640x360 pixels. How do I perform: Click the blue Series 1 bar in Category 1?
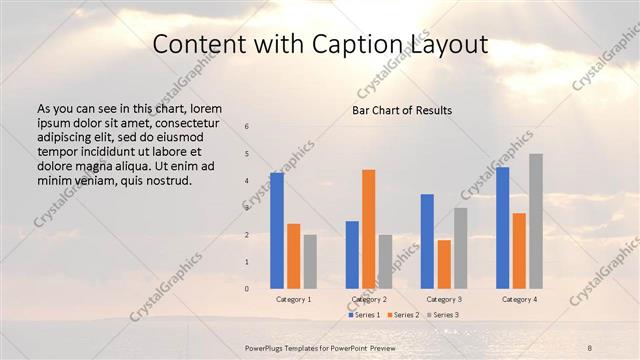(277, 230)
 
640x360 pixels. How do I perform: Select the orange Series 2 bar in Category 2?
(369, 228)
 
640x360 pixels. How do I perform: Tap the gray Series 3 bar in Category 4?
(536, 221)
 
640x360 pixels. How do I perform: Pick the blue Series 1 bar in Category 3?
(427, 241)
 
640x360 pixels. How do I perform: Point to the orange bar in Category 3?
(444, 264)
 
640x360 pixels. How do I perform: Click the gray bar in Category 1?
(310, 261)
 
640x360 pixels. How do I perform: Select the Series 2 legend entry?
(403, 315)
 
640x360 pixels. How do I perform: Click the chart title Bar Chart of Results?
(402, 110)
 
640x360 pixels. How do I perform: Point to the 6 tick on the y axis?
(247, 126)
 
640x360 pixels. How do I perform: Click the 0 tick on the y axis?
(247, 288)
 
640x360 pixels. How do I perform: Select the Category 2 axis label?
(369, 299)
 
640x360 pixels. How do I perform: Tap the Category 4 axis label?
(519, 299)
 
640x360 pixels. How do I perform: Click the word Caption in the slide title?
(360, 44)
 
